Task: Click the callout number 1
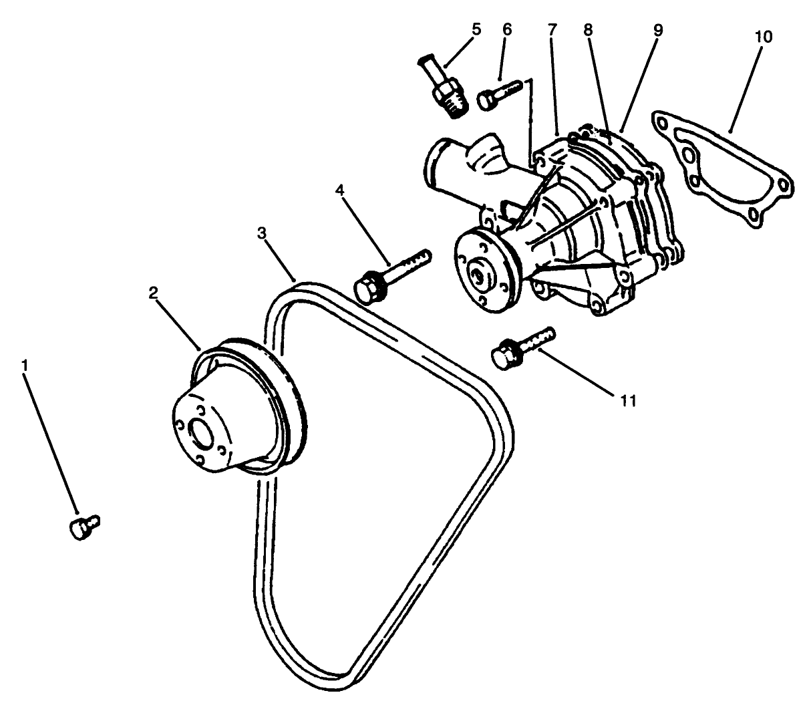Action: coord(25,366)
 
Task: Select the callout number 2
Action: coord(154,293)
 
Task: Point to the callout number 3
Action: coord(263,233)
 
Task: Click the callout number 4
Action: coord(341,191)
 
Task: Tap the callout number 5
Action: coord(476,29)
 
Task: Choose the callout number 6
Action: coord(507,29)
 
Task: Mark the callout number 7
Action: coord(552,29)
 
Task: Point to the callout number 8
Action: coord(588,29)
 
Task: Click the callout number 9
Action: coord(657,29)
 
